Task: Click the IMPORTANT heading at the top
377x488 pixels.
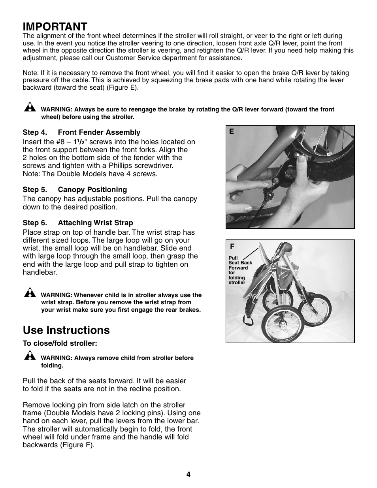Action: (x=55, y=26)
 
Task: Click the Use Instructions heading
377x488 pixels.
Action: (x=66, y=330)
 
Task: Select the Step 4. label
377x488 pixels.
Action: (x=38, y=132)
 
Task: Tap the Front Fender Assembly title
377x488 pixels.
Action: (x=99, y=132)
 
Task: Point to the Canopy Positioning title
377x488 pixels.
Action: (x=92, y=190)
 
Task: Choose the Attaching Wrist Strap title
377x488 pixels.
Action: (x=95, y=223)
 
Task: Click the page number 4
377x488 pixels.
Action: (x=188, y=475)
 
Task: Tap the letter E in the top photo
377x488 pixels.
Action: (x=232, y=132)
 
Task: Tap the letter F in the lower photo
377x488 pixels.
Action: (x=232, y=246)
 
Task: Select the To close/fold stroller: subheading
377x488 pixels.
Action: (x=60, y=343)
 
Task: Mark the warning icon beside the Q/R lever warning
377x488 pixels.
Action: (x=29, y=107)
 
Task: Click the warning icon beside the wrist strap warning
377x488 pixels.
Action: (x=29, y=293)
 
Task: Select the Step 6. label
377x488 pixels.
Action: (x=38, y=223)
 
